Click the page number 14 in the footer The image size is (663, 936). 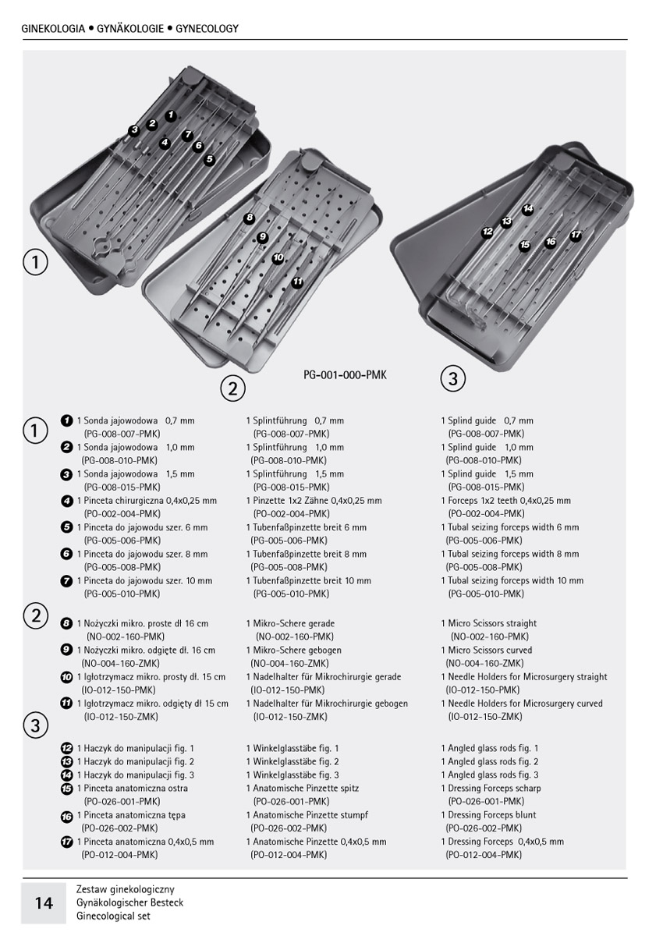(x=44, y=903)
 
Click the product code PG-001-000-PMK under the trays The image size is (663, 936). (x=345, y=375)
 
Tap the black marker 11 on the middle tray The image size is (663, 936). (x=297, y=282)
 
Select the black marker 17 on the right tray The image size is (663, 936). (x=576, y=235)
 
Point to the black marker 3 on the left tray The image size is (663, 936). (x=134, y=129)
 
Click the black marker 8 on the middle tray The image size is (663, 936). (x=250, y=218)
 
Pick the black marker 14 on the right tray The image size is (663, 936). (x=528, y=209)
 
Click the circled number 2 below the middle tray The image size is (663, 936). (x=232, y=388)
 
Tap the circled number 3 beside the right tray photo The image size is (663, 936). (x=452, y=380)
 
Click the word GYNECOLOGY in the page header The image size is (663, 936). (x=207, y=29)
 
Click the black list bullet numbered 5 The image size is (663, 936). (x=66, y=527)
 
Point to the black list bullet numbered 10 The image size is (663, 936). (x=66, y=677)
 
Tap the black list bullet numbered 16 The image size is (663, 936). (x=66, y=816)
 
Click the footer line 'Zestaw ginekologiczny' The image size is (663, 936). (x=126, y=889)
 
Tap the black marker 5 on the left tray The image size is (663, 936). (x=209, y=159)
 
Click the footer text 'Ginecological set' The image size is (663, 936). (x=114, y=916)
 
